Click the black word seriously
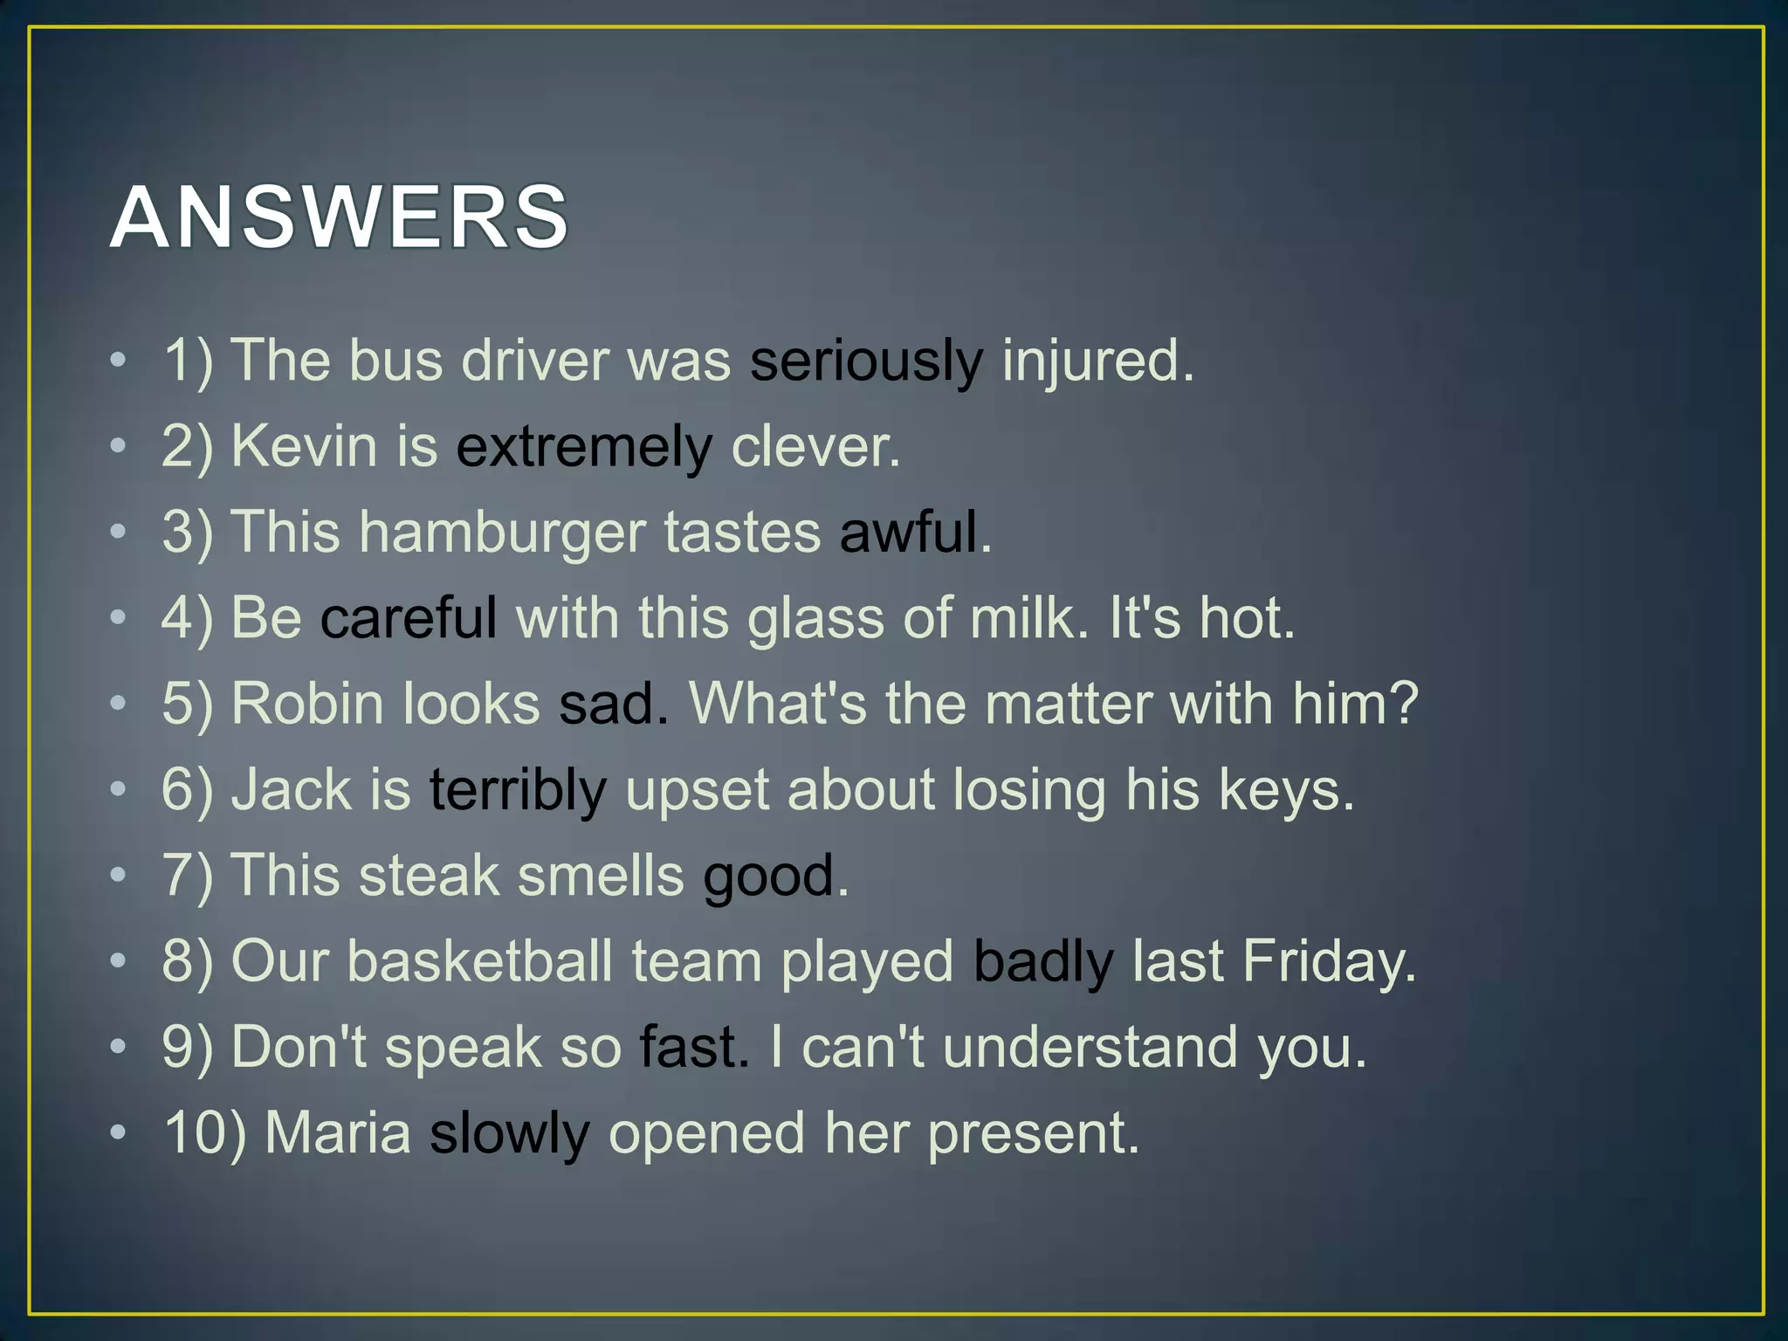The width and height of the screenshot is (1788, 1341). pyautogui.click(x=866, y=361)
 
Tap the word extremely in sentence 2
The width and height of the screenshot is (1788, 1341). pyautogui.click(x=584, y=446)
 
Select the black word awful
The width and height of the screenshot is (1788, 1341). pyautogui.click(x=908, y=532)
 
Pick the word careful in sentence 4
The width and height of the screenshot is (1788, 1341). pyautogui.click(x=409, y=617)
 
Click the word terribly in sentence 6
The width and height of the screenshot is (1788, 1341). pyautogui.click(x=518, y=789)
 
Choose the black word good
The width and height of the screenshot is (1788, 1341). pyautogui.click(x=769, y=876)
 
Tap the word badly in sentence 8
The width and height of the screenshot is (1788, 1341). pyautogui.click(x=1043, y=961)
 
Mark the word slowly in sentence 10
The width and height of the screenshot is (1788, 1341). pyautogui.click(x=510, y=1133)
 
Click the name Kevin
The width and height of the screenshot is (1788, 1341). pyautogui.click(x=304, y=446)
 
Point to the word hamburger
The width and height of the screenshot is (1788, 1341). pyautogui.click(x=502, y=532)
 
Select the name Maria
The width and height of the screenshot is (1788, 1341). pyautogui.click(x=337, y=1133)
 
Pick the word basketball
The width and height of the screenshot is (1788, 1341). pyautogui.click(x=479, y=961)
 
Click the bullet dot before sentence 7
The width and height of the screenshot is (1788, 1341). pyautogui.click(x=119, y=874)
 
